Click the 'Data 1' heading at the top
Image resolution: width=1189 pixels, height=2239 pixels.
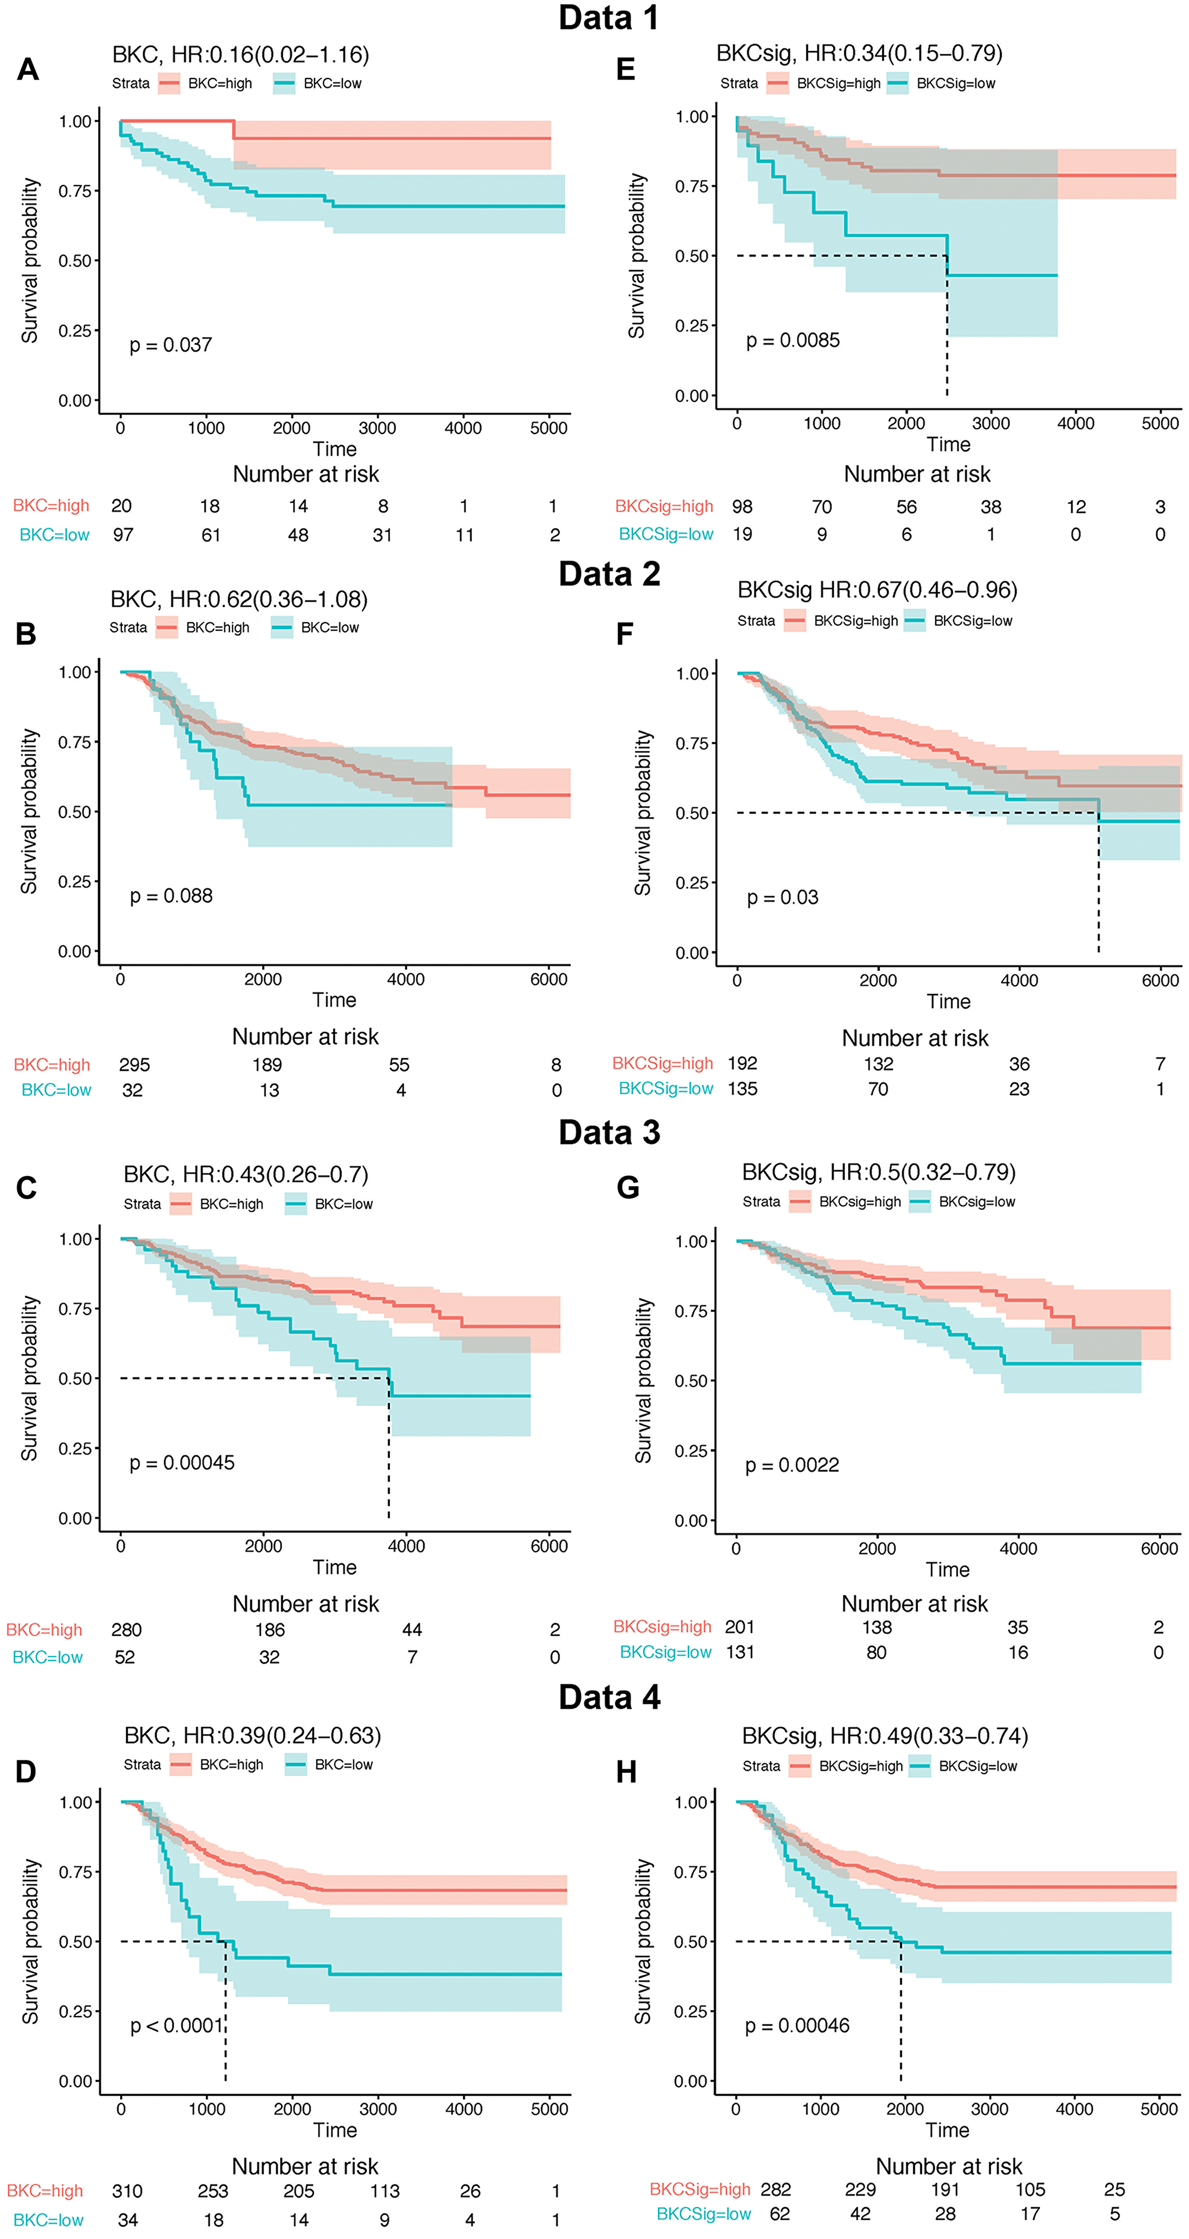tap(608, 17)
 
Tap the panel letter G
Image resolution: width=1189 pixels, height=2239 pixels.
tap(628, 1187)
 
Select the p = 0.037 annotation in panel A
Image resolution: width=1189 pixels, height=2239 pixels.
tap(171, 345)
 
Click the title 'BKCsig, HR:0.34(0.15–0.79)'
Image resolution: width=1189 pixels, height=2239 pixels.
tap(858, 54)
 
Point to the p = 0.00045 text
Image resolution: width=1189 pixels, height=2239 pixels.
tap(182, 1463)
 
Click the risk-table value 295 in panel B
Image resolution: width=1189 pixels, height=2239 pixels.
tap(135, 1065)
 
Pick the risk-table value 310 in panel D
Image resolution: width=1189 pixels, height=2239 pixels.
tap(127, 2191)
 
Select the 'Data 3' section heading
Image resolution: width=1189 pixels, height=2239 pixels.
tap(608, 1133)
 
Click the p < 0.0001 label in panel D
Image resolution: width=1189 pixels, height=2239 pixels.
tap(177, 2026)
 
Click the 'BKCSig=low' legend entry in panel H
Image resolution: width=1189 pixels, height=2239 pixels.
tap(977, 1766)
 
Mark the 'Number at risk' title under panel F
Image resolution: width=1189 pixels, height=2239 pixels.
tap(914, 1038)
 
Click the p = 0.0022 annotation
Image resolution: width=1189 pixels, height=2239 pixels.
tap(792, 1466)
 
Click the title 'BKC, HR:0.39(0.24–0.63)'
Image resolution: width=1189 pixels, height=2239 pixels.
tap(252, 1736)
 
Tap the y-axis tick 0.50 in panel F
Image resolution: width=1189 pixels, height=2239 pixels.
tap(692, 813)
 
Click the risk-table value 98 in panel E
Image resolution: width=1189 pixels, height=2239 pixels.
tap(743, 507)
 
